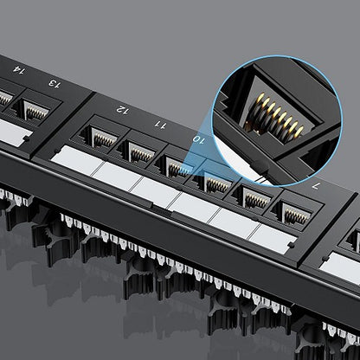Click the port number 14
pos(19,70)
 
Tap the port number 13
pos(55,84)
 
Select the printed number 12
pos(123,110)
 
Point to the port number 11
pos(160,125)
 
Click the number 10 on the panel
pos(199,139)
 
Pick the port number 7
pos(315,186)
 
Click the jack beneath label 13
pos(35,110)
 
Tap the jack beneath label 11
pos(140,152)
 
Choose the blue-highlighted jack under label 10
pos(179,168)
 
